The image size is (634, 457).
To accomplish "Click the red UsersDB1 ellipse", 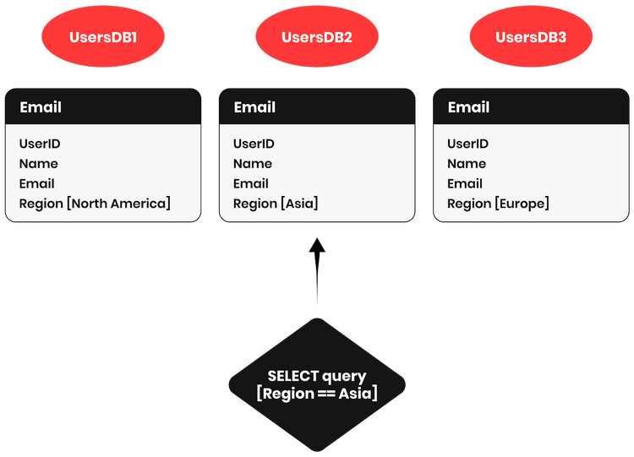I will (x=103, y=37).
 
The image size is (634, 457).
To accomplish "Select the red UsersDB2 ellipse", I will (x=316, y=37).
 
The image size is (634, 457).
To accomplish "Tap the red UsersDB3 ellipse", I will (x=531, y=37).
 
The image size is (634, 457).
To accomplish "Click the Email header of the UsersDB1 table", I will (x=41, y=107).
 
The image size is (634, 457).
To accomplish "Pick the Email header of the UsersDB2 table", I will (x=254, y=107).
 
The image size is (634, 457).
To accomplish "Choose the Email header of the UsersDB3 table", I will (x=468, y=107).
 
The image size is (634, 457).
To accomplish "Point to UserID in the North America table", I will (x=40, y=144).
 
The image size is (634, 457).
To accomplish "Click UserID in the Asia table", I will (x=254, y=144).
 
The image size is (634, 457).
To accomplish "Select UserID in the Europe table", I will (x=467, y=144).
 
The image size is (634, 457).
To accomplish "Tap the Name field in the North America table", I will (x=38, y=164).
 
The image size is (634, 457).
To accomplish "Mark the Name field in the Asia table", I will (x=252, y=164).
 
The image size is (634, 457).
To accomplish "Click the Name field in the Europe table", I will (x=466, y=164).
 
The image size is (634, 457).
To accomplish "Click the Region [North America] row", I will (x=95, y=204).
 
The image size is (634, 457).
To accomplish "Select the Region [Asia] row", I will (x=276, y=204).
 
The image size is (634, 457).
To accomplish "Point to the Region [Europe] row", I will (x=498, y=204).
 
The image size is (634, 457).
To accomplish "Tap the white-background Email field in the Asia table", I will (x=250, y=183).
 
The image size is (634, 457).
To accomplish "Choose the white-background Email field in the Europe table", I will (x=464, y=183).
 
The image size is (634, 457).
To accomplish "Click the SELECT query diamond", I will (x=317, y=384).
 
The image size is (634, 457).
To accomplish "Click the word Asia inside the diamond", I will (x=356, y=394).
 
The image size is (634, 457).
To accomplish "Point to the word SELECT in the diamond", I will (x=292, y=376).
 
